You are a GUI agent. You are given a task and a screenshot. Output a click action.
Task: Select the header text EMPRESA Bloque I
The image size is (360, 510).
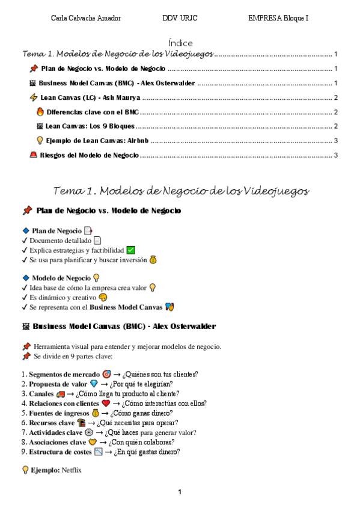pos(278,18)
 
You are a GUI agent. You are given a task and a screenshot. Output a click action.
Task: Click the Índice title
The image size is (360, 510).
pos(180,43)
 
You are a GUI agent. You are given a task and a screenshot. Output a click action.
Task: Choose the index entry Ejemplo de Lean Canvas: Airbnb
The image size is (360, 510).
pos(97,141)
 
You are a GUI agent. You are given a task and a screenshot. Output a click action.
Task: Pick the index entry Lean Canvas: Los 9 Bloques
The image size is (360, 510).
pos(90,126)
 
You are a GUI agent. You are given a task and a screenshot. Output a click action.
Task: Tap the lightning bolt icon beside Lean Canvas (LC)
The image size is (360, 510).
pos(33,97)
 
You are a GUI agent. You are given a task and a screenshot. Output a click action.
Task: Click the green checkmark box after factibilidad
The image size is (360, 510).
pos(130,250)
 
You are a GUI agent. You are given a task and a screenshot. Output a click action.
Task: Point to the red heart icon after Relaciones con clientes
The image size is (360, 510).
pos(106,403)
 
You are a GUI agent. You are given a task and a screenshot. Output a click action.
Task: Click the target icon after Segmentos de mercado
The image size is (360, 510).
pos(106,374)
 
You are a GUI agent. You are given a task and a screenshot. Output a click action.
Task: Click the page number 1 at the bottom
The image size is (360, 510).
pos(180,493)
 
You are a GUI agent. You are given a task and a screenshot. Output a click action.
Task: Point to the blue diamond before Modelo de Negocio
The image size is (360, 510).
pos(25,278)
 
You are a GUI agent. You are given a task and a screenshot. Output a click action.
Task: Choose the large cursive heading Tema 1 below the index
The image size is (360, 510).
pos(181,191)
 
